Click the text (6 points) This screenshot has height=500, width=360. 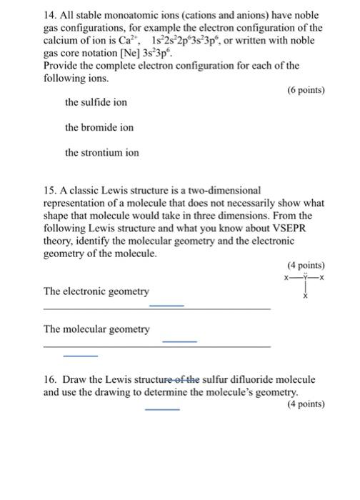[305, 90]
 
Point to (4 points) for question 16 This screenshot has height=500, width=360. [305, 404]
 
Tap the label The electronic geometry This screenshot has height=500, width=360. [96, 291]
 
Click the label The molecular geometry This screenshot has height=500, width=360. [96, 329]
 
